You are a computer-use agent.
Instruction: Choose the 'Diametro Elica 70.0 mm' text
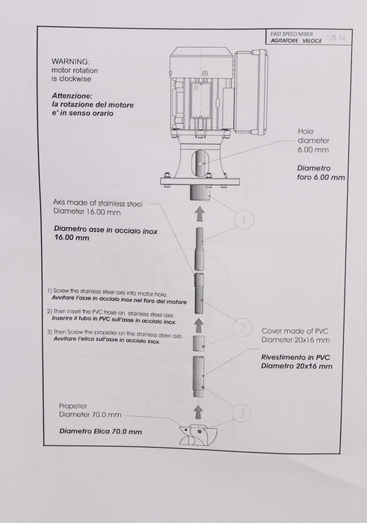coord(101,431)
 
